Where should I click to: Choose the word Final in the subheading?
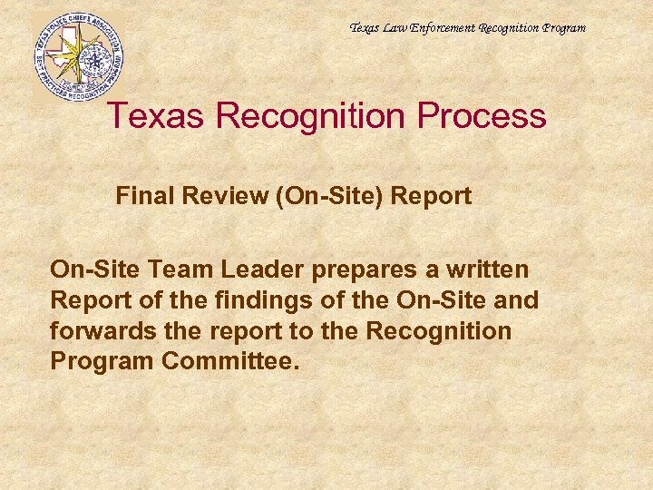(x=141, y=196)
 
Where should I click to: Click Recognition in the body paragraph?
(x=439, y=331)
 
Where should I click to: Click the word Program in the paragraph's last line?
(x=102, y=361)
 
